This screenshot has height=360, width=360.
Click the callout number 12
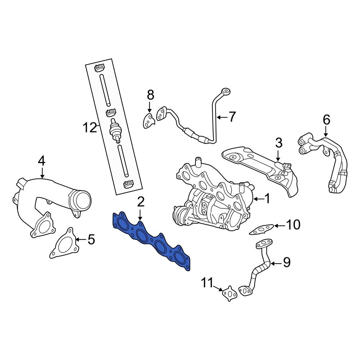click(90, 127)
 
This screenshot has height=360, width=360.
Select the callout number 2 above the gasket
click(140, 202)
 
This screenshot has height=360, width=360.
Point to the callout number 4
click(41, 161)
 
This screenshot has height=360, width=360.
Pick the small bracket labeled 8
click(148, 120)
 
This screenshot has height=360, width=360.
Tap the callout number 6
click(326, 120)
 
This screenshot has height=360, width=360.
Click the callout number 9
click(286, 263)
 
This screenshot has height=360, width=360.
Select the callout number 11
click(207, 283)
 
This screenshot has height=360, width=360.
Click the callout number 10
click(293, 225)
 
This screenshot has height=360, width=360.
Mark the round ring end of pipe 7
click(226, 91)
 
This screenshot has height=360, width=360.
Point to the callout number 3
click(279, 143)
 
